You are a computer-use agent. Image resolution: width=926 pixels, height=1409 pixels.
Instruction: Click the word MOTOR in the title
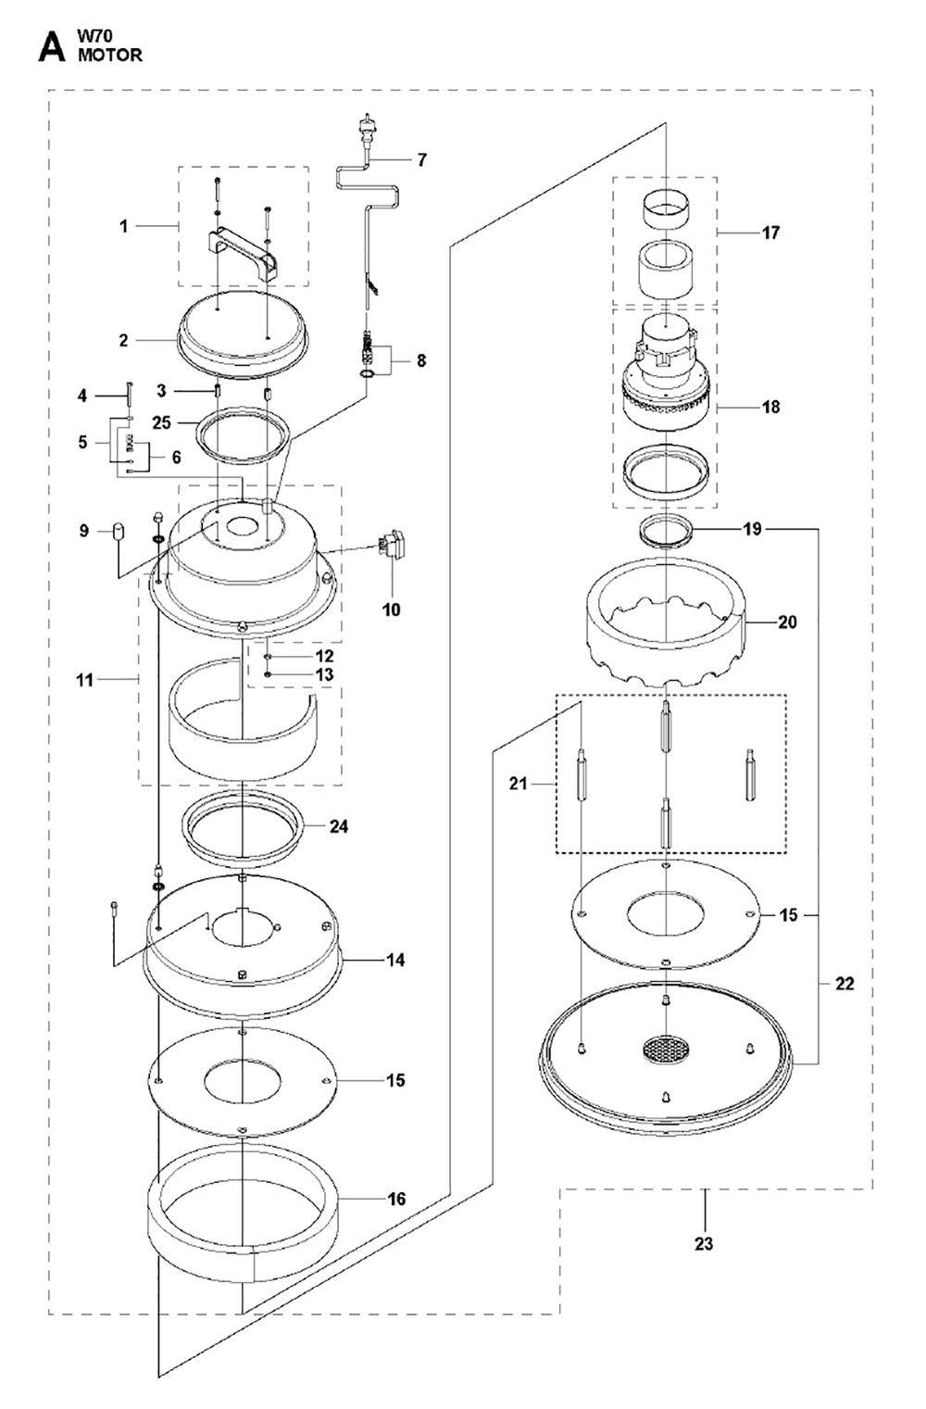[110, 56]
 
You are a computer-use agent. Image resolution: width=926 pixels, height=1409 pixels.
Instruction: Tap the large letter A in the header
[51, 48]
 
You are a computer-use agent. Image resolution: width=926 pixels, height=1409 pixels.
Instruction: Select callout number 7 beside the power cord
[422, 159]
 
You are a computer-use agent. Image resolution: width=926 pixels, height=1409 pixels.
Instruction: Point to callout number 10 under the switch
[391, 610]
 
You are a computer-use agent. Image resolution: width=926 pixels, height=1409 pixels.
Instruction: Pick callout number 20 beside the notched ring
[787, 623]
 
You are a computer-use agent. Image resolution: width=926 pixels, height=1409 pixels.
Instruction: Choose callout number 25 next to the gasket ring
[161, 422]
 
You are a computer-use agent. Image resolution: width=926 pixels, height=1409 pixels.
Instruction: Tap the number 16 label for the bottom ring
[396, 1199]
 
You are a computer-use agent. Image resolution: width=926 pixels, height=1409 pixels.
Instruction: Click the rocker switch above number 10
[391, 543]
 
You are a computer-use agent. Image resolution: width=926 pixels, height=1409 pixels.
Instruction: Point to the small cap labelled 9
[118, 531]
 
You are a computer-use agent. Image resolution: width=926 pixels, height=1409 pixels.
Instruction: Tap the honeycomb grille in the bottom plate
[667, 1047]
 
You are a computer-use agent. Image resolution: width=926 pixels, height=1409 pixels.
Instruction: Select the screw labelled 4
[129, 394]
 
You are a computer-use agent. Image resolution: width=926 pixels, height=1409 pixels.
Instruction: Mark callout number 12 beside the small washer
[325, 656]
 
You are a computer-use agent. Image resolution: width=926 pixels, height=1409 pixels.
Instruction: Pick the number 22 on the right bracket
[845, 983]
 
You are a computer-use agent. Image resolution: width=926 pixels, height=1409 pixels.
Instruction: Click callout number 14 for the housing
[395, 960]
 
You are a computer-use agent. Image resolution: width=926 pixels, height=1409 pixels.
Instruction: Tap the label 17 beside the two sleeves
[770, 233]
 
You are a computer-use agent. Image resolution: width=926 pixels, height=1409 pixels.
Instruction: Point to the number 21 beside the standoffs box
[518, 784]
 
